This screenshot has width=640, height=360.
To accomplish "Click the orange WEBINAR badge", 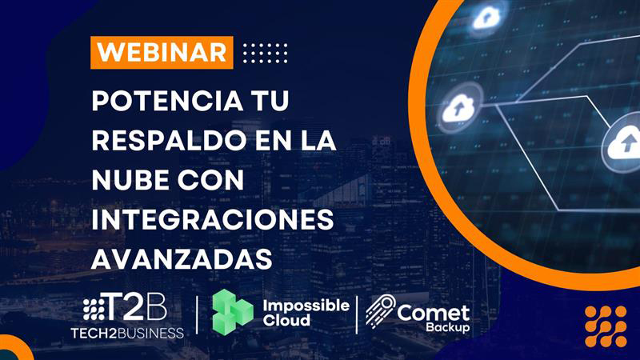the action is (162, 52).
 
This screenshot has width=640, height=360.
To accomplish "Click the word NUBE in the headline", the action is (130, 180).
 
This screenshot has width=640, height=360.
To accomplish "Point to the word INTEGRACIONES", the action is (213, 219).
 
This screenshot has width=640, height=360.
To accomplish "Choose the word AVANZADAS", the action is (182, 258).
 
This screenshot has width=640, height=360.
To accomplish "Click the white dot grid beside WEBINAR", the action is (266, 53).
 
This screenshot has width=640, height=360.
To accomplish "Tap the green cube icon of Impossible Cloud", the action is (232, 312).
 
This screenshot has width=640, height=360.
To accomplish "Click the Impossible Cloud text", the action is (306, 313).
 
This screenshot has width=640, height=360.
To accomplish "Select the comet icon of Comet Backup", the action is (380, 311).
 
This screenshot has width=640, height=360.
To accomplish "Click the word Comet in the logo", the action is (433, 313).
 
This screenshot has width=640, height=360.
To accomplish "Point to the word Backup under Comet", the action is (448, 327).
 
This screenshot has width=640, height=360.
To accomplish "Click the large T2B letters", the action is (136, 307).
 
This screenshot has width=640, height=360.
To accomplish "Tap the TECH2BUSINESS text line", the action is (127, 333).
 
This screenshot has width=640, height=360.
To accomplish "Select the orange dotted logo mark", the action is (606, 326).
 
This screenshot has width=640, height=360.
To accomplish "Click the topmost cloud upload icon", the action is (486, 18).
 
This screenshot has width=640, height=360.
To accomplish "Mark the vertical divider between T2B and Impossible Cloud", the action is (198, 314).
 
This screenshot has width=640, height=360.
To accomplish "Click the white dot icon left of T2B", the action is (94, 309).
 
